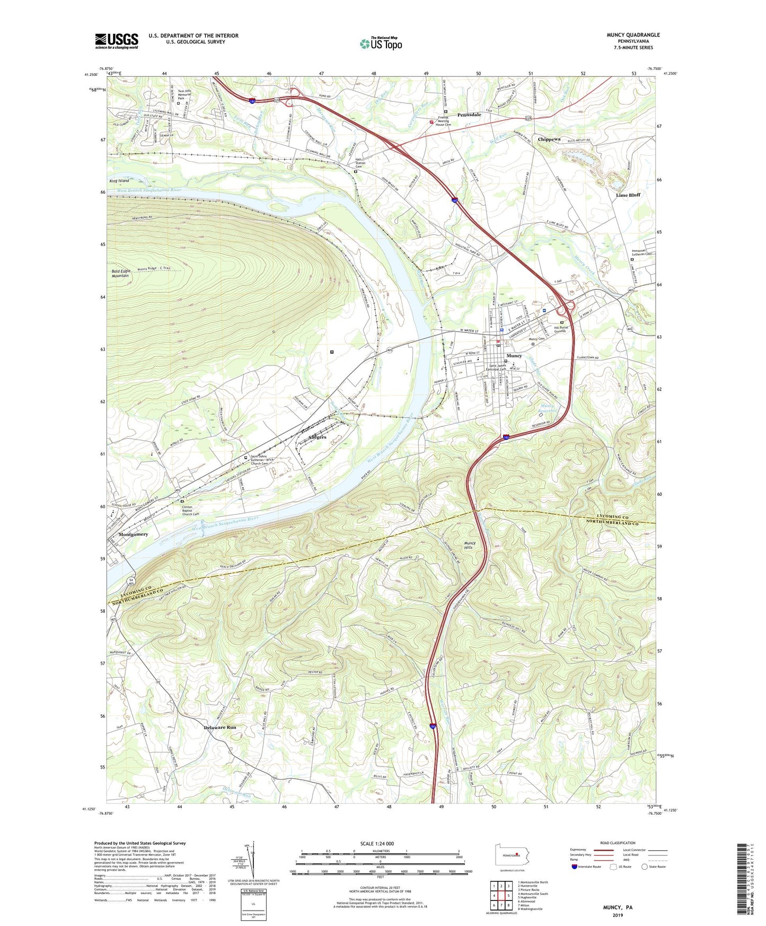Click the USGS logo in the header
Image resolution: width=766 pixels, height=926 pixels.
point(116,41)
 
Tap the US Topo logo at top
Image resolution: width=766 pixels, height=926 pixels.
point(381,43)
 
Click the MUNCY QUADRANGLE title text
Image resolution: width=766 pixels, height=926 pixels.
point(633,35)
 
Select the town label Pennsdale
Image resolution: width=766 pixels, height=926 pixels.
point(469,115)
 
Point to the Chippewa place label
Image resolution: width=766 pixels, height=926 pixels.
point(549,139)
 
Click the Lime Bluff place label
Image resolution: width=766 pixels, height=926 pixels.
point(628,195)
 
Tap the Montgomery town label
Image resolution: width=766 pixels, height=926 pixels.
point(133,534)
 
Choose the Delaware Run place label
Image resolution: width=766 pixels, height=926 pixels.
point(220,727)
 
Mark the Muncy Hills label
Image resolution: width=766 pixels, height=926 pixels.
point(470,545)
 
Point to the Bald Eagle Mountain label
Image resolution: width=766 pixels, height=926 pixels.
point(120,273)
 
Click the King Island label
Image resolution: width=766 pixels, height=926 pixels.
point(119,181)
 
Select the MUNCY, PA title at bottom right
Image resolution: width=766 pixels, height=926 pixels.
point(618,907)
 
